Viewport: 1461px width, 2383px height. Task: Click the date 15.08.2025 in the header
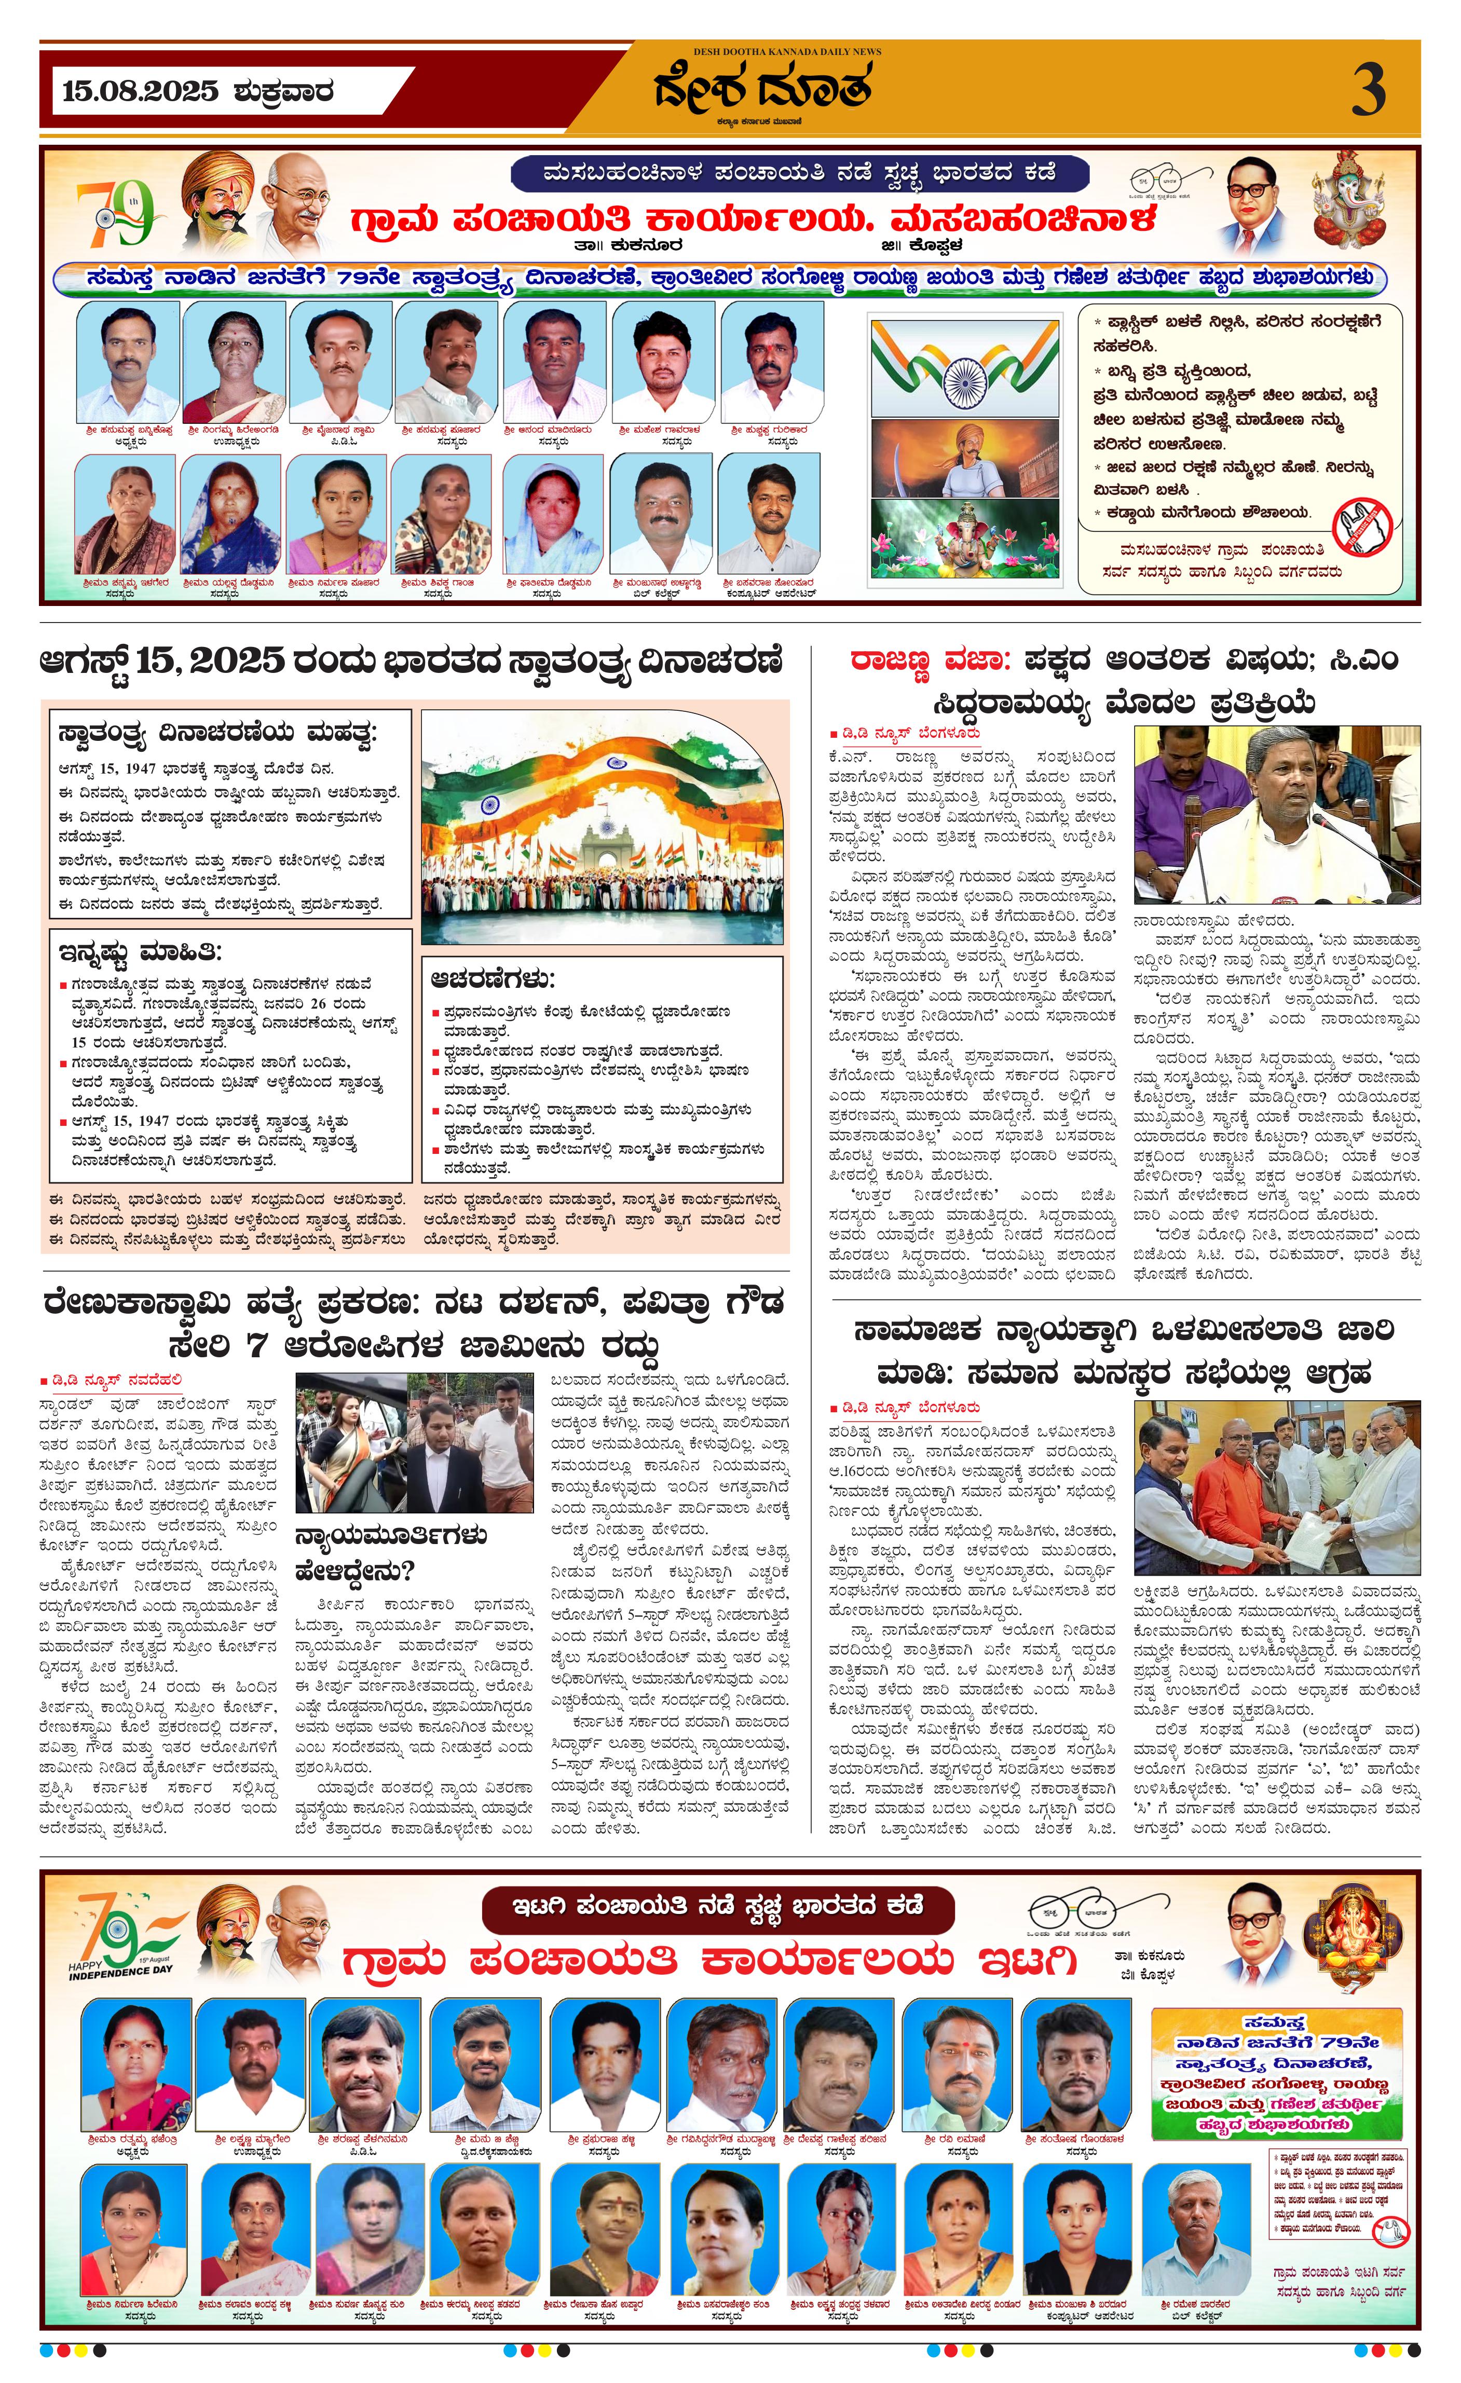coord(140,92)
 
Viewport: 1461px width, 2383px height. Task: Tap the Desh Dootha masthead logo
coord(762,88)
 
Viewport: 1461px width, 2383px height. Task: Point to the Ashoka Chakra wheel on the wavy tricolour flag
coord(963,370)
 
